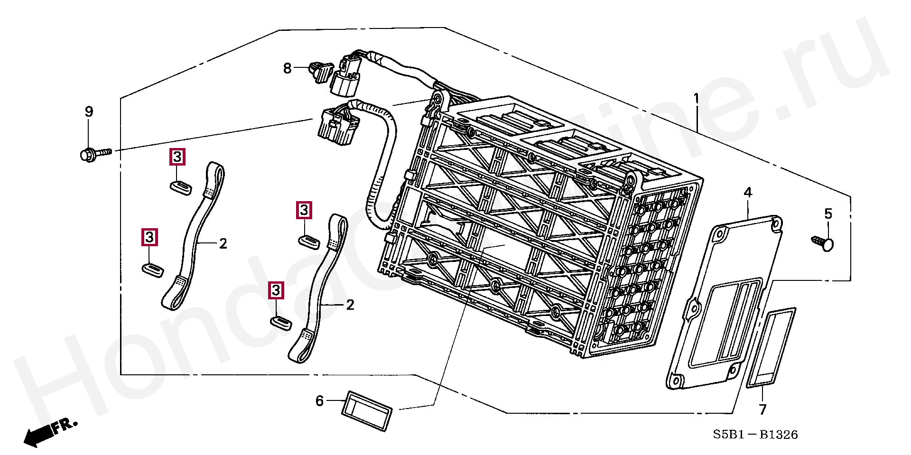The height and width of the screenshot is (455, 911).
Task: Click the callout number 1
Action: (696, 99)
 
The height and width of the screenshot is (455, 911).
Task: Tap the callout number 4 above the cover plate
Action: (748, 193)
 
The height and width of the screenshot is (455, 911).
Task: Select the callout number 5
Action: (828, 214)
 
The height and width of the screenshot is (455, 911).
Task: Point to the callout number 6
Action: (320, 401)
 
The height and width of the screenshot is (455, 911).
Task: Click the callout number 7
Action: (762, 409)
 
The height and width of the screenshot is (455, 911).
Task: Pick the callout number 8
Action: (287, 68)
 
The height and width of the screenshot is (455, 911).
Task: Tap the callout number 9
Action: (89, 111)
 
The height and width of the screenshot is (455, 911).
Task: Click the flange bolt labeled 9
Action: (94, 154)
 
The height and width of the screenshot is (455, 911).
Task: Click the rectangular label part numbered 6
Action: (367, 411)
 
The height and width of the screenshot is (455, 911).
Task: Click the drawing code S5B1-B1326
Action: (755, 434)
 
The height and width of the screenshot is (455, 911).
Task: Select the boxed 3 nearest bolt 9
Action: (177, 157)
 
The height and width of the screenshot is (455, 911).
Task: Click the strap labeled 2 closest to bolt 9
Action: (195, 237)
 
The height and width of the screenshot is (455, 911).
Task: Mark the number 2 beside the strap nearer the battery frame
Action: (350, 305)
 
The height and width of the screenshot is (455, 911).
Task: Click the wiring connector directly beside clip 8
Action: (346, 78)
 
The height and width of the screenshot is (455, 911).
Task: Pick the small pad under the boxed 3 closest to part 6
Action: (281, 322)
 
